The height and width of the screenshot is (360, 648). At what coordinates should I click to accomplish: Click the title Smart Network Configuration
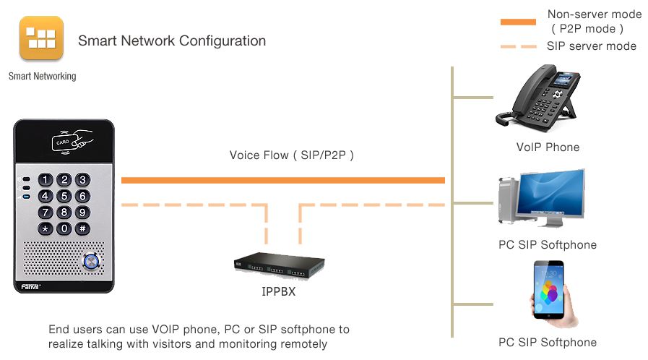point(172,40)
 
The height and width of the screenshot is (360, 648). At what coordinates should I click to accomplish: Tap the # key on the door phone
point(82,229)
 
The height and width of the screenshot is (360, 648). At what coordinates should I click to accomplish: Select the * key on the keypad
point(46,229)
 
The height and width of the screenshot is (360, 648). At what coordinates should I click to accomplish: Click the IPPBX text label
point(278,293)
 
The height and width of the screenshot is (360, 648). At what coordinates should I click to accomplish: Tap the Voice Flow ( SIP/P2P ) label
point(291,155)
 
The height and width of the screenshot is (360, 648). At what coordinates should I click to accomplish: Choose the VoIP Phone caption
point(548,147)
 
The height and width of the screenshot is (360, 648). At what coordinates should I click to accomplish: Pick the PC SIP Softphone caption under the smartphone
point(548,342)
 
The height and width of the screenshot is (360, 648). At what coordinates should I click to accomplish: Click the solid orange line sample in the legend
point(518,22)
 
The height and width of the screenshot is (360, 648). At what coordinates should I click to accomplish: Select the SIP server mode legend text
point(592,46)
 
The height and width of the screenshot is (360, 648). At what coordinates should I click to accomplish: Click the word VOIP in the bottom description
point(149,330)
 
